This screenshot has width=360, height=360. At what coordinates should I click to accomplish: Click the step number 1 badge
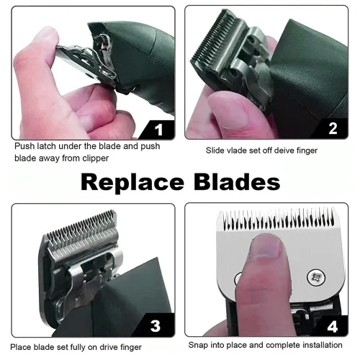tap(158, 130)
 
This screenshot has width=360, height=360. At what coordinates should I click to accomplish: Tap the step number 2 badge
tap(333, 129)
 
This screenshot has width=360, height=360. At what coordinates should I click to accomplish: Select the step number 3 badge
tap(156, 325)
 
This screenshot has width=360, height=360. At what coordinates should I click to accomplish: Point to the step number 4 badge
tap(333, 326)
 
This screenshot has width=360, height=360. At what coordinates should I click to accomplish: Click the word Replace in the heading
tap(132, 183)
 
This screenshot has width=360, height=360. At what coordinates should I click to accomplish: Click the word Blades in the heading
tap(237, 181)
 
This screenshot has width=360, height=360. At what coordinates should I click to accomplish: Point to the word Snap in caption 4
tap(198, 346)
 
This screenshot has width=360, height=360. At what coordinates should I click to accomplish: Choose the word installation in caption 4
tap(323, 345)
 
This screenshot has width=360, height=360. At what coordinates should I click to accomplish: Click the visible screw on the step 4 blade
tap(316, 277)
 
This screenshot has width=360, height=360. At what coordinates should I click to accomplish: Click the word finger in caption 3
tap(131, 348)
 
